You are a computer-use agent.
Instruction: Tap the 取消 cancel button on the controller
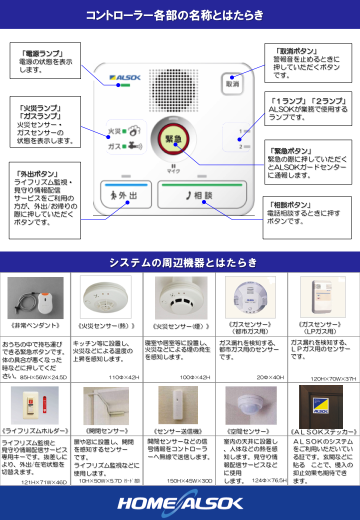pyautogui.click(x=231, y=83)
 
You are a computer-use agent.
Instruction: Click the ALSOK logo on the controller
pyautogui.click(x=125, y=77)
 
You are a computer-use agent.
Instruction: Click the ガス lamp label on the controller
pyautogui.click(x=114, y=146)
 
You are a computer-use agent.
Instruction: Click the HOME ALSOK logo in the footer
pyautogui.click(x=180, y=502)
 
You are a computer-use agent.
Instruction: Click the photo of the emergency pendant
pyautogui.click(x=35, y=298)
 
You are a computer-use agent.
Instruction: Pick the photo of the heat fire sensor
pyautogui.click(x=105, y=298)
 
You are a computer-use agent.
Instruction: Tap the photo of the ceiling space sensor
pyautogui.click(x=251, y=405)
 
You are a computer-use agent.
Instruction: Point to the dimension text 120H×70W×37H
pyautogui.click(x=333, y=378)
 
